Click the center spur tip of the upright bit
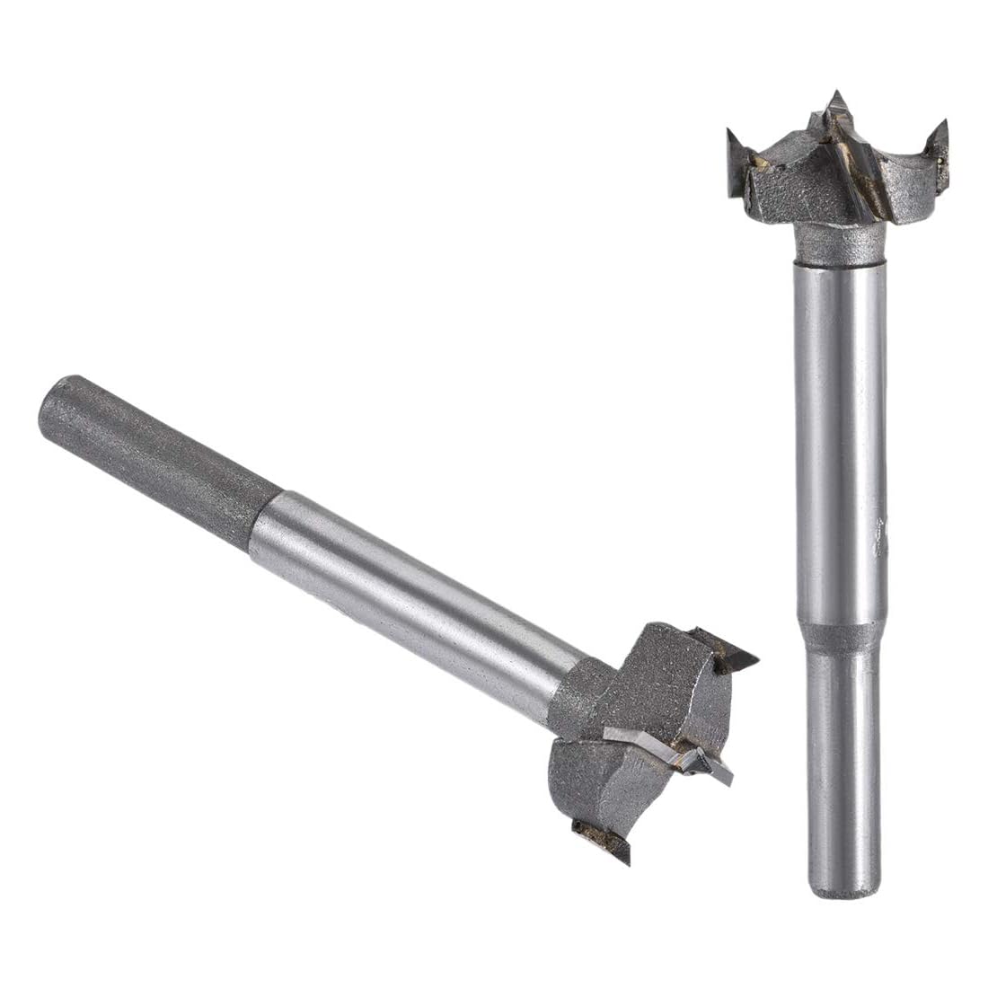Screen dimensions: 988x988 click(x=837, y=97)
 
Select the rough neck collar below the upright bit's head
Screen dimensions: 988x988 click(x=840, y=241)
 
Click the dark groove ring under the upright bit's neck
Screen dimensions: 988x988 click(x=840, y=262)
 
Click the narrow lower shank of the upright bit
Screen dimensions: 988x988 click(x=842, y=763)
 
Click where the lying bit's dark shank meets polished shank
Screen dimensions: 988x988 click(x=265, y=521)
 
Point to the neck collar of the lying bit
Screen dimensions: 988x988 click(x=575, y=692)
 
